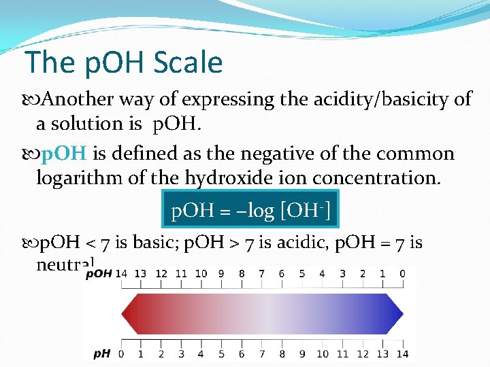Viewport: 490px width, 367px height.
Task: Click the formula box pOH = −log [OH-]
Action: tap(251, 210)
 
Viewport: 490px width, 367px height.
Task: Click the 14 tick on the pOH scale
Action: tap(121, 274)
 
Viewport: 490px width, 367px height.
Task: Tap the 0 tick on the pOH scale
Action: tap(403, 274)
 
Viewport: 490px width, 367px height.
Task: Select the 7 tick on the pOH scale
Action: tap(262, 274)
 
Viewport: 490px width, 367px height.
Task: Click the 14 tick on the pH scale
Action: tap(403, 353)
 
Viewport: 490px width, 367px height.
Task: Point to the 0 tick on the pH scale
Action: tap(121, 353)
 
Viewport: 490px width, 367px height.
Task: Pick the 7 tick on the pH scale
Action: tap(262, 353)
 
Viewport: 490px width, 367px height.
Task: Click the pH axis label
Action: tap(102, 353)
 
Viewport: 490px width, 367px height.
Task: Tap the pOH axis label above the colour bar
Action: tap(99, 274)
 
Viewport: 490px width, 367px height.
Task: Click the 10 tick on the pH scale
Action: tap(323, 353)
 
